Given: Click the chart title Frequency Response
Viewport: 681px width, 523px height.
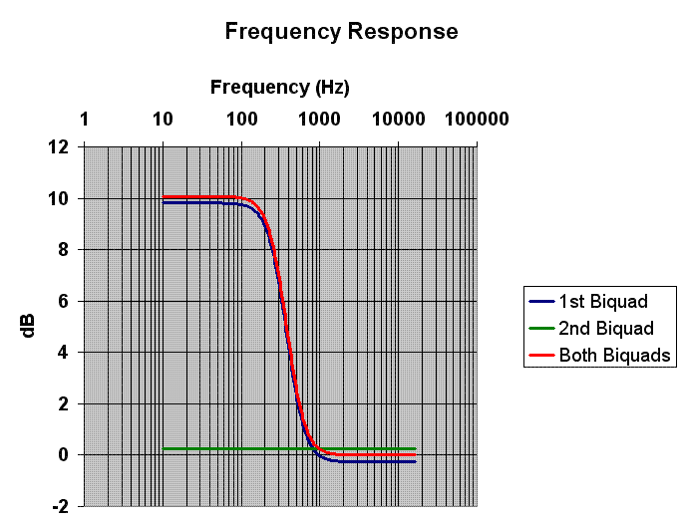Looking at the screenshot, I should [341, 31].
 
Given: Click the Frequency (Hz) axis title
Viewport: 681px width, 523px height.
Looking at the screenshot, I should [279, 87].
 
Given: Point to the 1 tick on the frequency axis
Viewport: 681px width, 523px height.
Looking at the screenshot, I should [84, 120].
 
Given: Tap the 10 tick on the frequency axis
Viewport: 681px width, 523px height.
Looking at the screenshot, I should [163, 120].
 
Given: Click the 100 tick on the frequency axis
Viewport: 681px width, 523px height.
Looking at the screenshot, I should [240, 120].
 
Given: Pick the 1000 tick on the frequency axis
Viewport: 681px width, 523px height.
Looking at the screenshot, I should [319, 120].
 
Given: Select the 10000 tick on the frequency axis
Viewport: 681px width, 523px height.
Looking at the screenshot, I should [398, 120].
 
